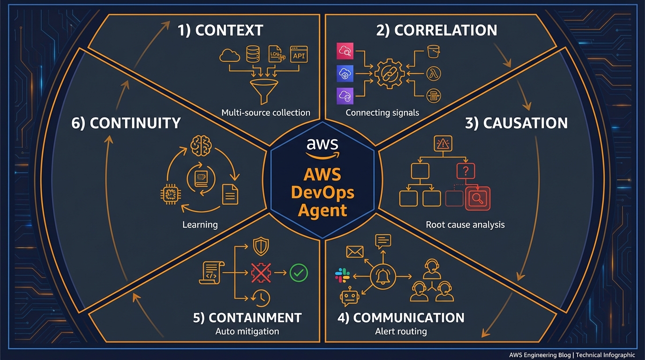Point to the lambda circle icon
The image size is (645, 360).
point(434,74)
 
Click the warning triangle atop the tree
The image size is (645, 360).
point(442,143)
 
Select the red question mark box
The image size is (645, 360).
point(465,171)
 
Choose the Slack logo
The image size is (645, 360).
point(343,276)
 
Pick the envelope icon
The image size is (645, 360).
point(355,252)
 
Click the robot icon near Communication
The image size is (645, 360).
point(349,297)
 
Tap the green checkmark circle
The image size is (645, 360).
point(299,272)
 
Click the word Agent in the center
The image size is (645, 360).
point(322,210)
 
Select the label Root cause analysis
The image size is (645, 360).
point(465,225)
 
